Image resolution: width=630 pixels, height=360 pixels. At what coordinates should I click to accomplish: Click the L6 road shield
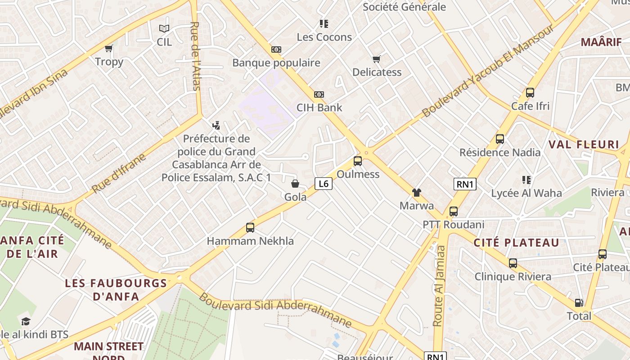[x=323, y=183]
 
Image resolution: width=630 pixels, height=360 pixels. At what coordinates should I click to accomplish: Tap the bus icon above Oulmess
[x=358, y=161]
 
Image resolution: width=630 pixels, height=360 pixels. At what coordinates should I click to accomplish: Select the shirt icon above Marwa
[x=417, y=193]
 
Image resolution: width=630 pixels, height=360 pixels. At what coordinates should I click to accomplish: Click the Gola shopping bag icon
[x=295, y=184]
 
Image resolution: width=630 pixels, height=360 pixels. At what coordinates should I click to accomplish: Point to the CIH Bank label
[x=319, y=108]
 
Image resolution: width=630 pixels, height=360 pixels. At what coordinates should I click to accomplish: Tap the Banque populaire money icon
[x=276, y=49]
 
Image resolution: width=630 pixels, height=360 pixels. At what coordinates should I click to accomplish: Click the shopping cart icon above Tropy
[x=108, y=48]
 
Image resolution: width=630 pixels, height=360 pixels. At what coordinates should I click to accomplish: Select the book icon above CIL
[x=164, y=29]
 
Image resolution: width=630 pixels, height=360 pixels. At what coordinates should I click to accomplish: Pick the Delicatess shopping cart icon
[x=377, y=59]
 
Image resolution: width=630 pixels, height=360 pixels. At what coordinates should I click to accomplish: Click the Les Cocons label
[x=324, y=37]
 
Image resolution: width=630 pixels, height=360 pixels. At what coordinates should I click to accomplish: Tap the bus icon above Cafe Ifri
[x=530, y=93]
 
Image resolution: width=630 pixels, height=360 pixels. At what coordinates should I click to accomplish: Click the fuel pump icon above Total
[x=579, y=303]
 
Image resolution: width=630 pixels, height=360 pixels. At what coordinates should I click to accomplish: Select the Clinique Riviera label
[x=513, y=276]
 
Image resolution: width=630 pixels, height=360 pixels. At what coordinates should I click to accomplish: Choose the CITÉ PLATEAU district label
[x=516, y=243]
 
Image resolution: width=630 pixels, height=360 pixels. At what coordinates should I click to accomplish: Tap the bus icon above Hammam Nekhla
[x=250, y=228]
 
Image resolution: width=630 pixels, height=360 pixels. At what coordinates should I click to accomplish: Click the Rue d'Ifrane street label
[x=119, y=173]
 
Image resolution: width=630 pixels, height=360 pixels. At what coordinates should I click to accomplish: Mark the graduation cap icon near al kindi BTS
[x=26, y=321]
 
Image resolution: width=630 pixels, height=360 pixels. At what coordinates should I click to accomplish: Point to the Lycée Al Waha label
[x=526, y=193]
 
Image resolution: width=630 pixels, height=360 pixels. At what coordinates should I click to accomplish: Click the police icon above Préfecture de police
[x=216, y=125]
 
